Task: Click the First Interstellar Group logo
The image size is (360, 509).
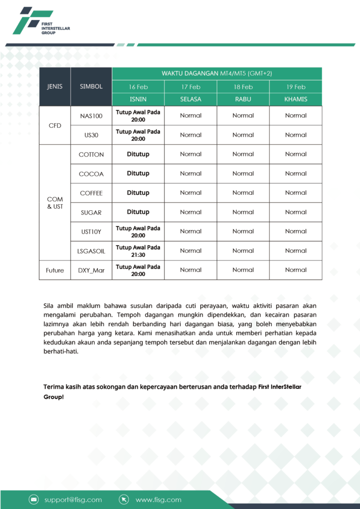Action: tap(41, 21)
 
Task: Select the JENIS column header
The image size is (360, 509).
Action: tap(55, 86)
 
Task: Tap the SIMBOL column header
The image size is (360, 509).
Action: tap(91, 86)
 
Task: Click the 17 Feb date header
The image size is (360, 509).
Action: tap(191, 87)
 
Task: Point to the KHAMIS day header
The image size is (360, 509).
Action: tap(296, 99)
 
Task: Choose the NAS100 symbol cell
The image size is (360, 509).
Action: tap(91, 116)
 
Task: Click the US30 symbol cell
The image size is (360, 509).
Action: tap(91, 135)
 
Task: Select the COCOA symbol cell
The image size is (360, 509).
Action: tap(91, 174)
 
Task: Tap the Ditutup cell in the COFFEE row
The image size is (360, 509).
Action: tap(138, 193)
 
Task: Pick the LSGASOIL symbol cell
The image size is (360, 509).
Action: tap(91, 251)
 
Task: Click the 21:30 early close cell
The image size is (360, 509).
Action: tap(138, 251)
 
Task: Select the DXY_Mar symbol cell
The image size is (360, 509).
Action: tap(91, 270)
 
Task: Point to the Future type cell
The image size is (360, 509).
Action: tap(55, 270)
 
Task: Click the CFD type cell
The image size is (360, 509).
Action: tap(55, 126)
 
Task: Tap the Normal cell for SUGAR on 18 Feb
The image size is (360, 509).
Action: tap(243, 212)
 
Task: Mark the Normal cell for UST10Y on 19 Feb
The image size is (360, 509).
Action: tap(296, 232)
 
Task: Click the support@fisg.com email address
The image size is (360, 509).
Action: tap(73, 500)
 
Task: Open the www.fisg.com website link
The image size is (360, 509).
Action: tap(158, 500)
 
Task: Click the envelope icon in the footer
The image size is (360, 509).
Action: tap(34, 500)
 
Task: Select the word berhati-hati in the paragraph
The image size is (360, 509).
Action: tap(61, 351)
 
